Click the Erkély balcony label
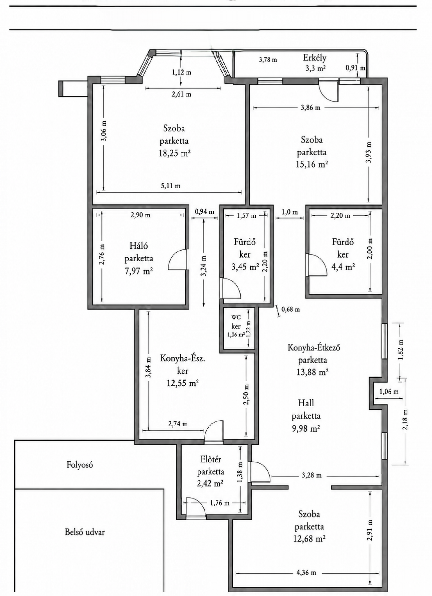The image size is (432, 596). point(315,58)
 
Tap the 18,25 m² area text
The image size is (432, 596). point(174,153)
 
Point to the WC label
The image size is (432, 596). point(236,317)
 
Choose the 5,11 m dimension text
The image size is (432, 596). point(170,186)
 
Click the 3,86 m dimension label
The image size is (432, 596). point(310,108)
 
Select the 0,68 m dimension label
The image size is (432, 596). point(290,309)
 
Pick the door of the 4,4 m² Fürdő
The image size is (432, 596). point(316,265)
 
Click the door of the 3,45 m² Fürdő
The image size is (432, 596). point(231,288)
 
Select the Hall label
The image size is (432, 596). point(306,403)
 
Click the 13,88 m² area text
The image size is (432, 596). point(312,372)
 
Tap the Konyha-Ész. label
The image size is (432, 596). point(182,358)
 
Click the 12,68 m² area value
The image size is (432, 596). point(309,539)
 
